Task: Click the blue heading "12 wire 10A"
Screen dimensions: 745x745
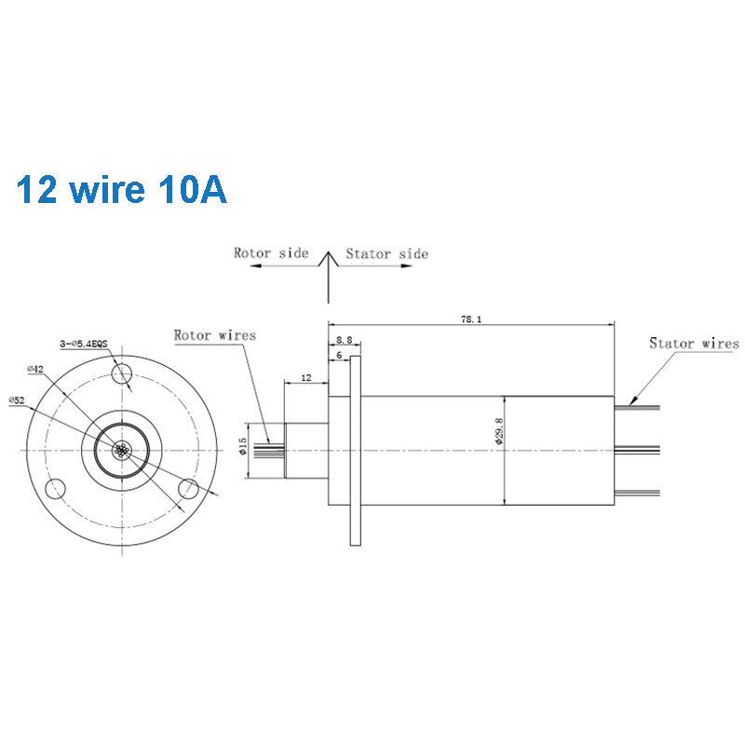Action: [121, 189]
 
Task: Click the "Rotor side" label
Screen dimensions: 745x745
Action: [271, 253]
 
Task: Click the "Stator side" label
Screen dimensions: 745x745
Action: [386, 253]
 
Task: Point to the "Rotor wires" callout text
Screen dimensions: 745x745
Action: [214, 335]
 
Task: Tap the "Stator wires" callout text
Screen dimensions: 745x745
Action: [694, 344]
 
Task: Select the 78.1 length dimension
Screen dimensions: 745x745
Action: [470, 318]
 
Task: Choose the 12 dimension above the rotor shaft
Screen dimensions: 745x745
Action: [305, 378]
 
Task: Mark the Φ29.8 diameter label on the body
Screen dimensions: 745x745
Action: [499, 431]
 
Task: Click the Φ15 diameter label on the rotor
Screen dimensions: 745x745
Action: [243, 448]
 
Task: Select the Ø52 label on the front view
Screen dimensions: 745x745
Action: [17, 400]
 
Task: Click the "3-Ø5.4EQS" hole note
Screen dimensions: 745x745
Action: [83, 344]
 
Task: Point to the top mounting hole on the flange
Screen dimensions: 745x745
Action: [121, 375]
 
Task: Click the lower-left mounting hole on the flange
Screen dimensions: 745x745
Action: [57, 487]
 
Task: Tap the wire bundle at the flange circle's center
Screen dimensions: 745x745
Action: [121, 451]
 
